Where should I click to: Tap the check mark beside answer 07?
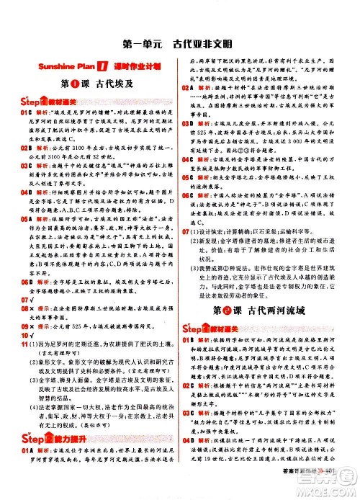tap(32, 299)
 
